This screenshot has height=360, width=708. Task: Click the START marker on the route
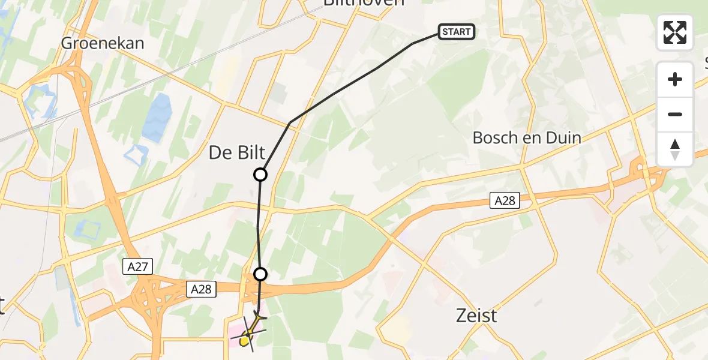457,32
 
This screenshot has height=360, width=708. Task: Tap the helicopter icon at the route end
251,331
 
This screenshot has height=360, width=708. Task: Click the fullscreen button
675,32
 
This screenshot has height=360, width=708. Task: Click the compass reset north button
675,149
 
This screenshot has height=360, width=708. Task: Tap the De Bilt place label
237,153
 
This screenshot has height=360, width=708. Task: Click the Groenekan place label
103,43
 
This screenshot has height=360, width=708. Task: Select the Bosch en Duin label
527,138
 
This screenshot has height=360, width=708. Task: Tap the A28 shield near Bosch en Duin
505,201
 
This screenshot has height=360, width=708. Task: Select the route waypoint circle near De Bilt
260,175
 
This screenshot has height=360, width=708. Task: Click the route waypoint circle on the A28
260,274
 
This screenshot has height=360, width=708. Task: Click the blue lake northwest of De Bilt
156,118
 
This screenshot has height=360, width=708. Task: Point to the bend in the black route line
290,123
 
